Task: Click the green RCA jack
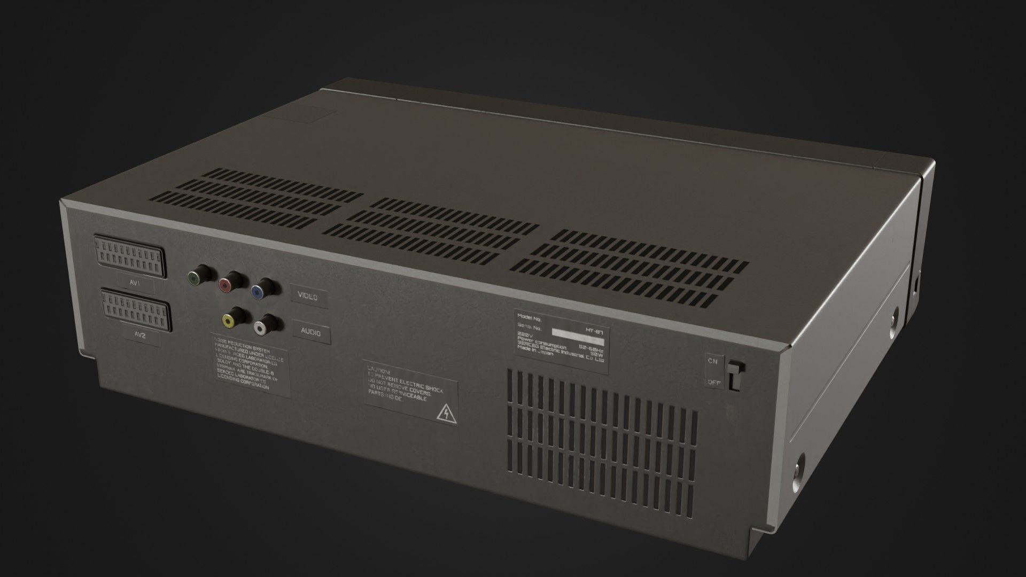click(195, 277)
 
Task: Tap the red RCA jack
click(227, 284)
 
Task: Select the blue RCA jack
click(258, 291)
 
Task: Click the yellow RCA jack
click(229, 320)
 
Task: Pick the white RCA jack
click(260, 328)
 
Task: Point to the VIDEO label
click(307, 297)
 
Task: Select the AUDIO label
click(310, 332)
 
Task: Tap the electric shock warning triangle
click(444, 413)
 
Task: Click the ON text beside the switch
click(713, 361)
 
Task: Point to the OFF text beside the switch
click(714, 382)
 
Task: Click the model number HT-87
click(592, 331)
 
